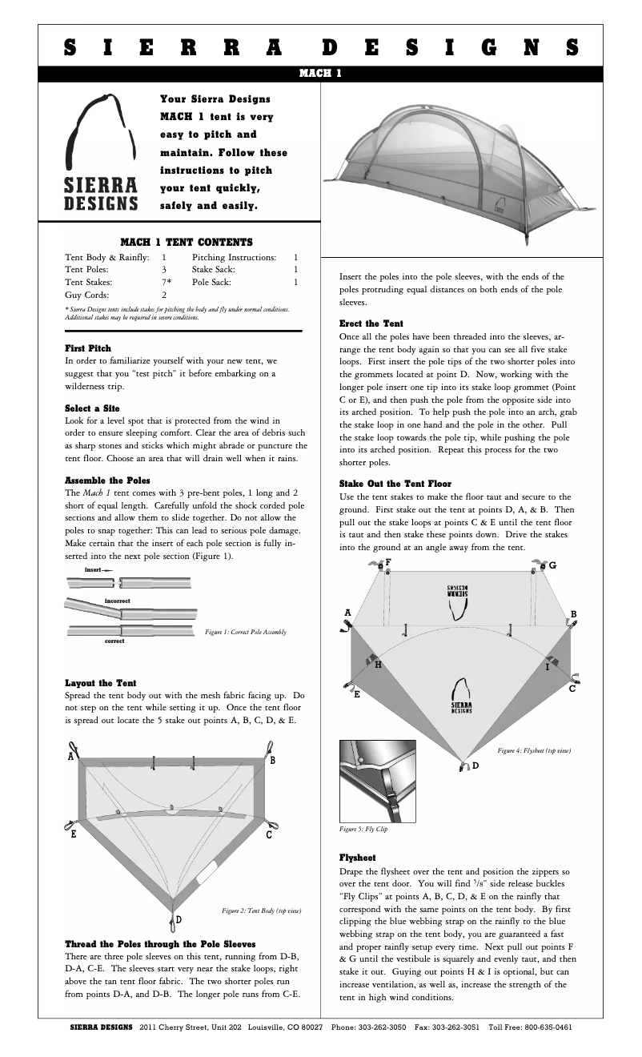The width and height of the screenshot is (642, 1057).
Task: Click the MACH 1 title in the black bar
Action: pos(320,74)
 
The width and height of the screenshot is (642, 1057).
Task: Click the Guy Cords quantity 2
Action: pos(164,295)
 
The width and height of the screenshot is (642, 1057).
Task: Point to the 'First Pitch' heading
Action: pos(88,348)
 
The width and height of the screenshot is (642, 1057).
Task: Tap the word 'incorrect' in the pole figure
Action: pos(117,600)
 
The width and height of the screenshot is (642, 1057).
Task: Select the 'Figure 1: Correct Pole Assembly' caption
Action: pos(246,633)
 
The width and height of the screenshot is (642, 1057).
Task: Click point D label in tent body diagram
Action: pos(179,919)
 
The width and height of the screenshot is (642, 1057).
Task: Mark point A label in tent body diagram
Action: pos(71,756)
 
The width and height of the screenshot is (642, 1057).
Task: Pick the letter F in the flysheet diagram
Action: pos(388,561)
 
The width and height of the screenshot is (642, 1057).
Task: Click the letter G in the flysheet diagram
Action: pos(552,565)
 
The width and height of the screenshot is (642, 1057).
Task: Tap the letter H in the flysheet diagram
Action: pos(378,665)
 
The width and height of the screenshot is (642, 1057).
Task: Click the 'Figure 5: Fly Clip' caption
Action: pos(364,829)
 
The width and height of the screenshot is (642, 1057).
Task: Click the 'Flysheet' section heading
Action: pos(357,857)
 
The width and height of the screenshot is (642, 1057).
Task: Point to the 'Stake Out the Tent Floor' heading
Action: pos(395,484)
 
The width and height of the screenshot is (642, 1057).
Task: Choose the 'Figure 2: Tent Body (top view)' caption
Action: pos(261,910)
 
